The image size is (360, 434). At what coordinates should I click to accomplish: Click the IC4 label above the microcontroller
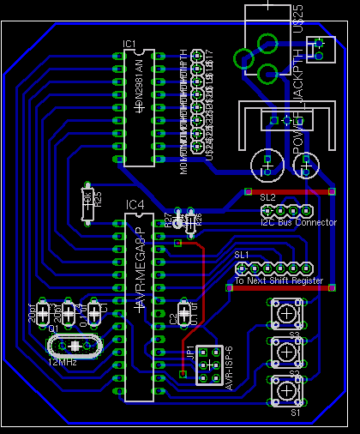[x=135, y=204]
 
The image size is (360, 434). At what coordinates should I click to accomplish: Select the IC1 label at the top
[x=129, y=43]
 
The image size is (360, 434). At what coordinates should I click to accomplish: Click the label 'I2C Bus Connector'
[x=279, y=223]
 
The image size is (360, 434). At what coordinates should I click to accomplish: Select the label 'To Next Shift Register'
[x=279, y=281]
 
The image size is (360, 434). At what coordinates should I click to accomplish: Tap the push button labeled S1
[x=285, y=391]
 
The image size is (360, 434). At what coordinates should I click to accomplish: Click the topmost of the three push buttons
[x=285, y=315]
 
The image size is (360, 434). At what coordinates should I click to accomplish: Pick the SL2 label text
[x=267, y=197]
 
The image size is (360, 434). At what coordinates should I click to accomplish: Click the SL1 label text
[x=242, y=255]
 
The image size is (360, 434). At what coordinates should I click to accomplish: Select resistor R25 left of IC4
[x=87, y=203]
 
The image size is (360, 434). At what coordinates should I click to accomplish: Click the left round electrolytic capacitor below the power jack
[x=266, y=161]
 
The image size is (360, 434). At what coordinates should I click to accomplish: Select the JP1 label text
[x=189, y=354]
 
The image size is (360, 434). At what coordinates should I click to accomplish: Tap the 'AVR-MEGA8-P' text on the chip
[x=139, y=266]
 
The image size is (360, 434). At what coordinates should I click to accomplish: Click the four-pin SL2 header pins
[x=285, y=210]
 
